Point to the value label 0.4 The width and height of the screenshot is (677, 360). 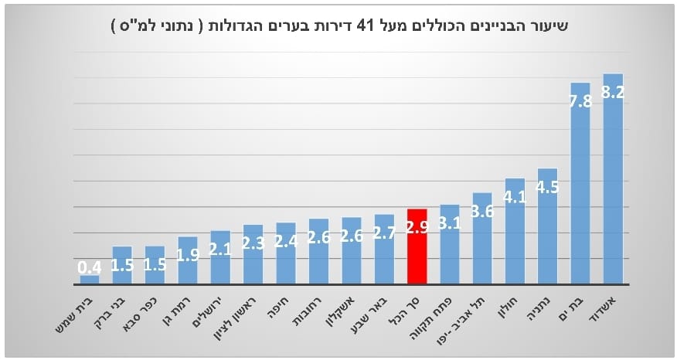tap(90, 268)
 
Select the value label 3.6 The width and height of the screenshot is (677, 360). tap(482, 212)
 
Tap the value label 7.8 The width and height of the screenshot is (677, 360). tap(580, 101)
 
